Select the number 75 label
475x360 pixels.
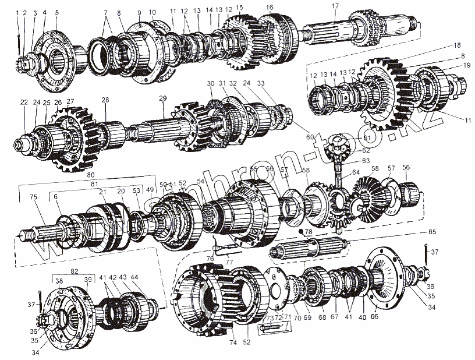(34, 197)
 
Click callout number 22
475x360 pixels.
(24, 102)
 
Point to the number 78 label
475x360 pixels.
(309, 231)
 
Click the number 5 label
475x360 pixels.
(56, 12)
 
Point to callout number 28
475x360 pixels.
(105, 100)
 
